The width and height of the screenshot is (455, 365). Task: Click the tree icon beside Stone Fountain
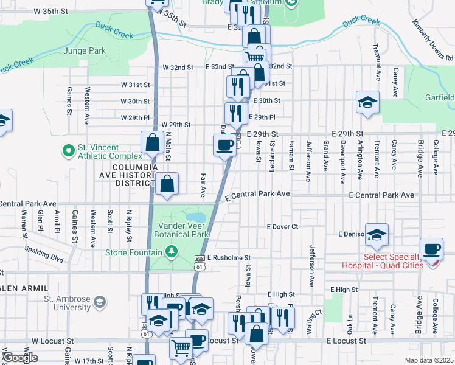coord(172,252)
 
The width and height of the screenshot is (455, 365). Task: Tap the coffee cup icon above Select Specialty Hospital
coord(432,249)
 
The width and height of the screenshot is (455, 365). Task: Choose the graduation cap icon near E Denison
coord(377,234)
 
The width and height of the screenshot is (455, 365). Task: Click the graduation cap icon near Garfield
coord(367,102)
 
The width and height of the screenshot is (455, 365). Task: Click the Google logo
coord(20,358)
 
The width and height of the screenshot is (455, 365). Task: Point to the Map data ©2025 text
coord(428,360)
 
